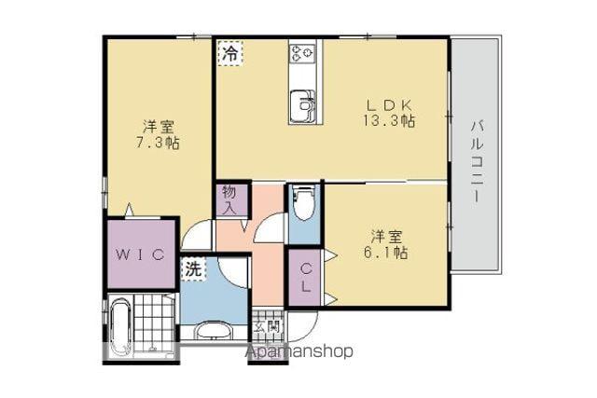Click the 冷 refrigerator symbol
(230, 54)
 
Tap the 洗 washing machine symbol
(193, 269)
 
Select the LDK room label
(388, 103)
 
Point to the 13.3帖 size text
(389, 120)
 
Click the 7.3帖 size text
(158, 143)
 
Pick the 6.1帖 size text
(385, 252)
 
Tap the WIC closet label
(141, 254)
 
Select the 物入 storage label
(231, 200)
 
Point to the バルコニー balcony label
(477, 161)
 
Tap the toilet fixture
(303, 203)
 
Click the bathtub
(121, 328)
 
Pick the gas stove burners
(301, 54)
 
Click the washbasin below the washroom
(214, 331)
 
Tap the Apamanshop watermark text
(300, 352)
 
